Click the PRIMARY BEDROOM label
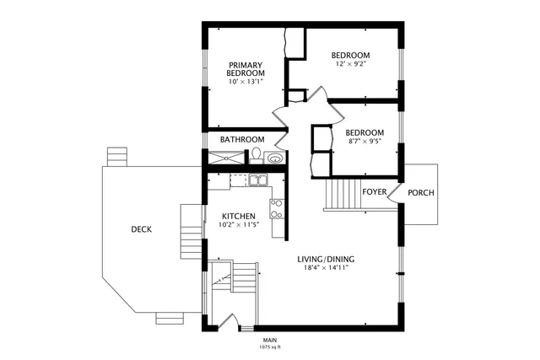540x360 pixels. click(246, 69)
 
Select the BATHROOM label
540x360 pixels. click(242, 139)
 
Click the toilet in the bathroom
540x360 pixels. click(255, 155)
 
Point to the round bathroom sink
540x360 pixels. click(274, 157)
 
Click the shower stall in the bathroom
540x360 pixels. click(225, 157)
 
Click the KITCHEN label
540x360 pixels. click(238, 217)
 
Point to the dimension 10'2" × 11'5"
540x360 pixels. click(238, 225)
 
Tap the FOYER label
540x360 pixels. click(375, 192)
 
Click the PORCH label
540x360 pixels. click(421, 193)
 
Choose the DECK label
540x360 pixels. click(141, 229)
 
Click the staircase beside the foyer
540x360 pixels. click(342, 196)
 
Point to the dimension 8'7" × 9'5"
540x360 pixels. click(365, 142)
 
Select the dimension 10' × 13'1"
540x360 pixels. click(246, 82)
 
